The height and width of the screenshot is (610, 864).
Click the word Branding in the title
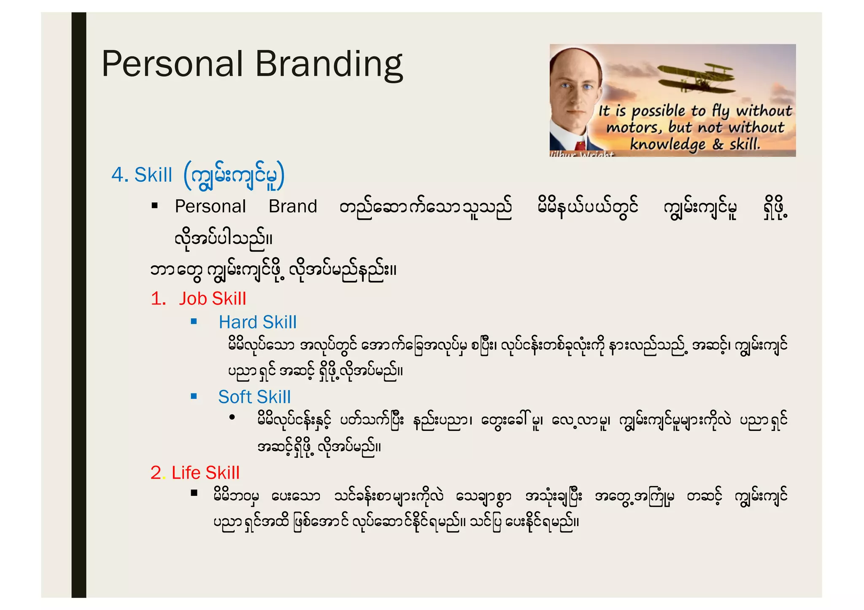click(x=329, y=64)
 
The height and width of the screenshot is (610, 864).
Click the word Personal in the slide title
click(x=173, y=64)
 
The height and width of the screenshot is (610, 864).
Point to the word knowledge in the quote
click(x=667, y=144)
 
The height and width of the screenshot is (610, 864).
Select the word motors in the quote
click(x=633, y=127)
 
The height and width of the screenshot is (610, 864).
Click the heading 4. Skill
click(x=142, y=175)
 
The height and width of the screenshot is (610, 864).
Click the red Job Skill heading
click(x=212, y=298)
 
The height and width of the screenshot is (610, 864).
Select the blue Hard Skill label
click(x=257, y=322)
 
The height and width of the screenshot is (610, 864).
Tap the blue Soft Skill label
click(x=254, y=397)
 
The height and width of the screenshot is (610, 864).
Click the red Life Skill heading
click(x=205, y=473)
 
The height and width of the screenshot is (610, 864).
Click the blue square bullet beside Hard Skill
click(x=194, y=321)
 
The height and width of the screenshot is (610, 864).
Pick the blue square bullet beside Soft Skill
click(x=194, y=396)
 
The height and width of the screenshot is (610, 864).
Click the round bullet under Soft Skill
click(x=232, y=417)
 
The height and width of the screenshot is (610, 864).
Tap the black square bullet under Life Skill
click(x=194, y=492)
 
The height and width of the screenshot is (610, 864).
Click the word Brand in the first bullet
click(x=293, y=206)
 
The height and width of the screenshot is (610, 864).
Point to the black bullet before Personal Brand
click(x=155, y=206)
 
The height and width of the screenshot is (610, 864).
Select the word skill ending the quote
click(x=745, y=144)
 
